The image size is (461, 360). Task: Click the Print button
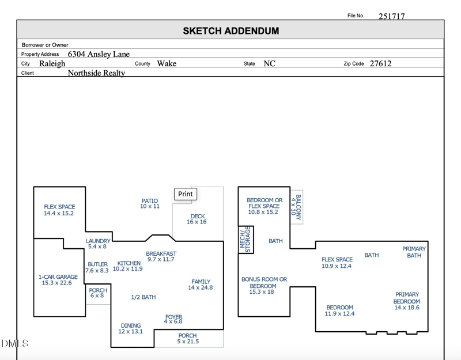(x=185, y=194)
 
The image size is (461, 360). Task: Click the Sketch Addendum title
(x=231, y=31)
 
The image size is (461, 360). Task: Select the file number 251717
(x=391, y=16)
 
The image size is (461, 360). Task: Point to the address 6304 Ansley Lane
(x=99, y=54)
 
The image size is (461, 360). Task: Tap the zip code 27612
(x=380, y=63)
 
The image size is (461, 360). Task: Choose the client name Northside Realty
(x=96, y=73)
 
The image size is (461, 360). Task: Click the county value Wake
(x=167, y=63)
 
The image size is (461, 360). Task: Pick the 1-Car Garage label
(x=58, y=280)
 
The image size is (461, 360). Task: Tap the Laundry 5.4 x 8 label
(x=98, y=244)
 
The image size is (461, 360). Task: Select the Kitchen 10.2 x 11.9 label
(x=128, y=266)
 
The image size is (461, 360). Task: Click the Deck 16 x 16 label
(x=197, y=219)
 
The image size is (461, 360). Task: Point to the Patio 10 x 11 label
(x=150, y=203)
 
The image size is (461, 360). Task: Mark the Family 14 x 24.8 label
(x=201, y=285)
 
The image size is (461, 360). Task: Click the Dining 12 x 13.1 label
(x=130, y=328)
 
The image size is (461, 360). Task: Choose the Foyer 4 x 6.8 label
(x=173, y=319)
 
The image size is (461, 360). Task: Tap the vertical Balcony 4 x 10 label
(x=296, y=207)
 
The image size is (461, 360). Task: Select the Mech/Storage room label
(x=246, y=239)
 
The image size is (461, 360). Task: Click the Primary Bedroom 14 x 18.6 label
(x=407, y=301)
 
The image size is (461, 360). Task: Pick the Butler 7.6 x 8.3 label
(x=97, y=267)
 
